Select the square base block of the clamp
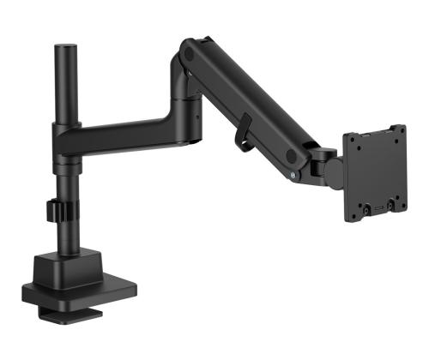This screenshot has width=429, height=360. click(69, 262)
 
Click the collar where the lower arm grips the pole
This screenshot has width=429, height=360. click(66, 137)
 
